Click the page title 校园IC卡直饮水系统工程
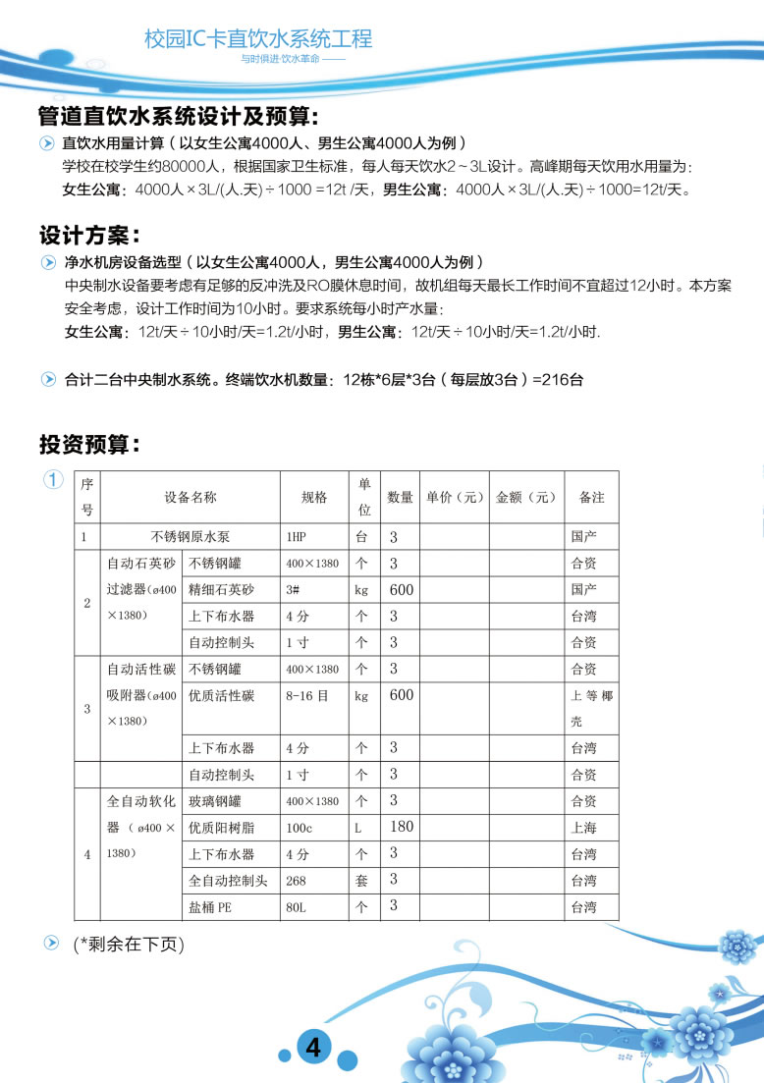[258, 39]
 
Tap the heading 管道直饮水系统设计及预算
[178, 117]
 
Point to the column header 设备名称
[190, 498]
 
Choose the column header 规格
[314, 498]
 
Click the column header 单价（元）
[454, 498]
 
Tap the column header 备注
[591, 498]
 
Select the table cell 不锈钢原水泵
[190, 537]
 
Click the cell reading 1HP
[297, 538]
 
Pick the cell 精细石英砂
[221, 590]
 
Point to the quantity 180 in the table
[402, 827]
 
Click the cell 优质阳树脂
[221, 828]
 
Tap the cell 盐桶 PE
[210, 907]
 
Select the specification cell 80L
[296, 907]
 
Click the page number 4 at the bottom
[313, 1047]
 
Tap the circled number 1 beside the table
[52, 480]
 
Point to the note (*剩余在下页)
[129, 945]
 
